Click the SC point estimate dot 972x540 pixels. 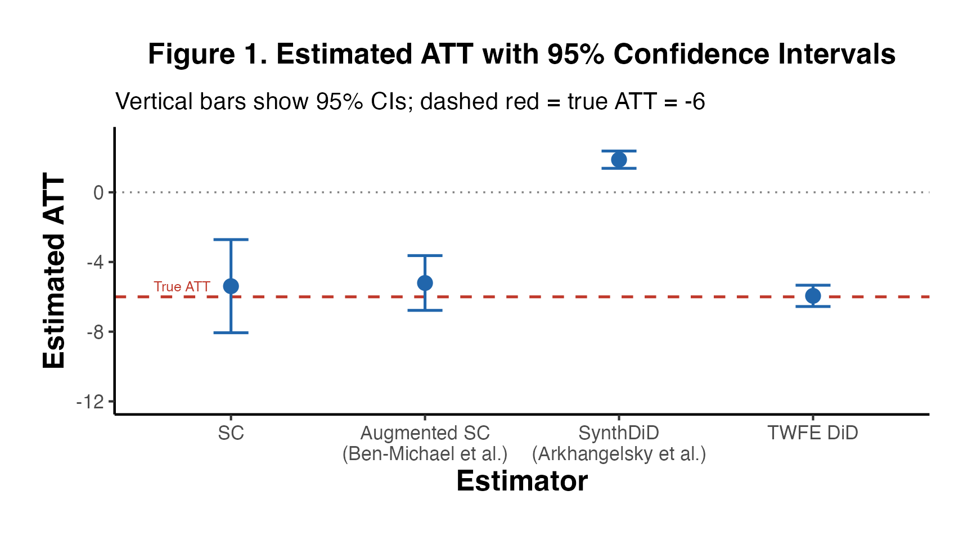pos(231,286)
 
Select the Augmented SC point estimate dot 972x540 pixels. pos(425,283)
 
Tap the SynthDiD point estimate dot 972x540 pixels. pos(619,160)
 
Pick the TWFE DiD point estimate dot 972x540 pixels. pos(813,296)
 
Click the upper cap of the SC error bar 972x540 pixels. pos(231,240)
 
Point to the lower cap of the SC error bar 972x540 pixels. pos(231,333)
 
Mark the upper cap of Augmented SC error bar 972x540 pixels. pos(425,255)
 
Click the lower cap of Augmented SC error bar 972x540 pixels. pos(425,310)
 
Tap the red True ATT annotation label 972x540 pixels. pos(182,287)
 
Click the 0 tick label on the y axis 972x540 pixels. pos(98,193)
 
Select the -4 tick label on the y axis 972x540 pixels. pos(95,263)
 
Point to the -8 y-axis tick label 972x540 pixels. pos(95,332)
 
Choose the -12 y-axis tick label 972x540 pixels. pos(91,402)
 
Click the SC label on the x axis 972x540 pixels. pos(231,433)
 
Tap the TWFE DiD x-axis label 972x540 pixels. pos(813,433)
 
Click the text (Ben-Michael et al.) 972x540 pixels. pos(425,454)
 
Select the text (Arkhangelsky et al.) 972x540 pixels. pos(619,454)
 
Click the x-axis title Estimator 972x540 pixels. pos(522,481)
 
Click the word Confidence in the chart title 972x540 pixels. pos(691,55)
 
